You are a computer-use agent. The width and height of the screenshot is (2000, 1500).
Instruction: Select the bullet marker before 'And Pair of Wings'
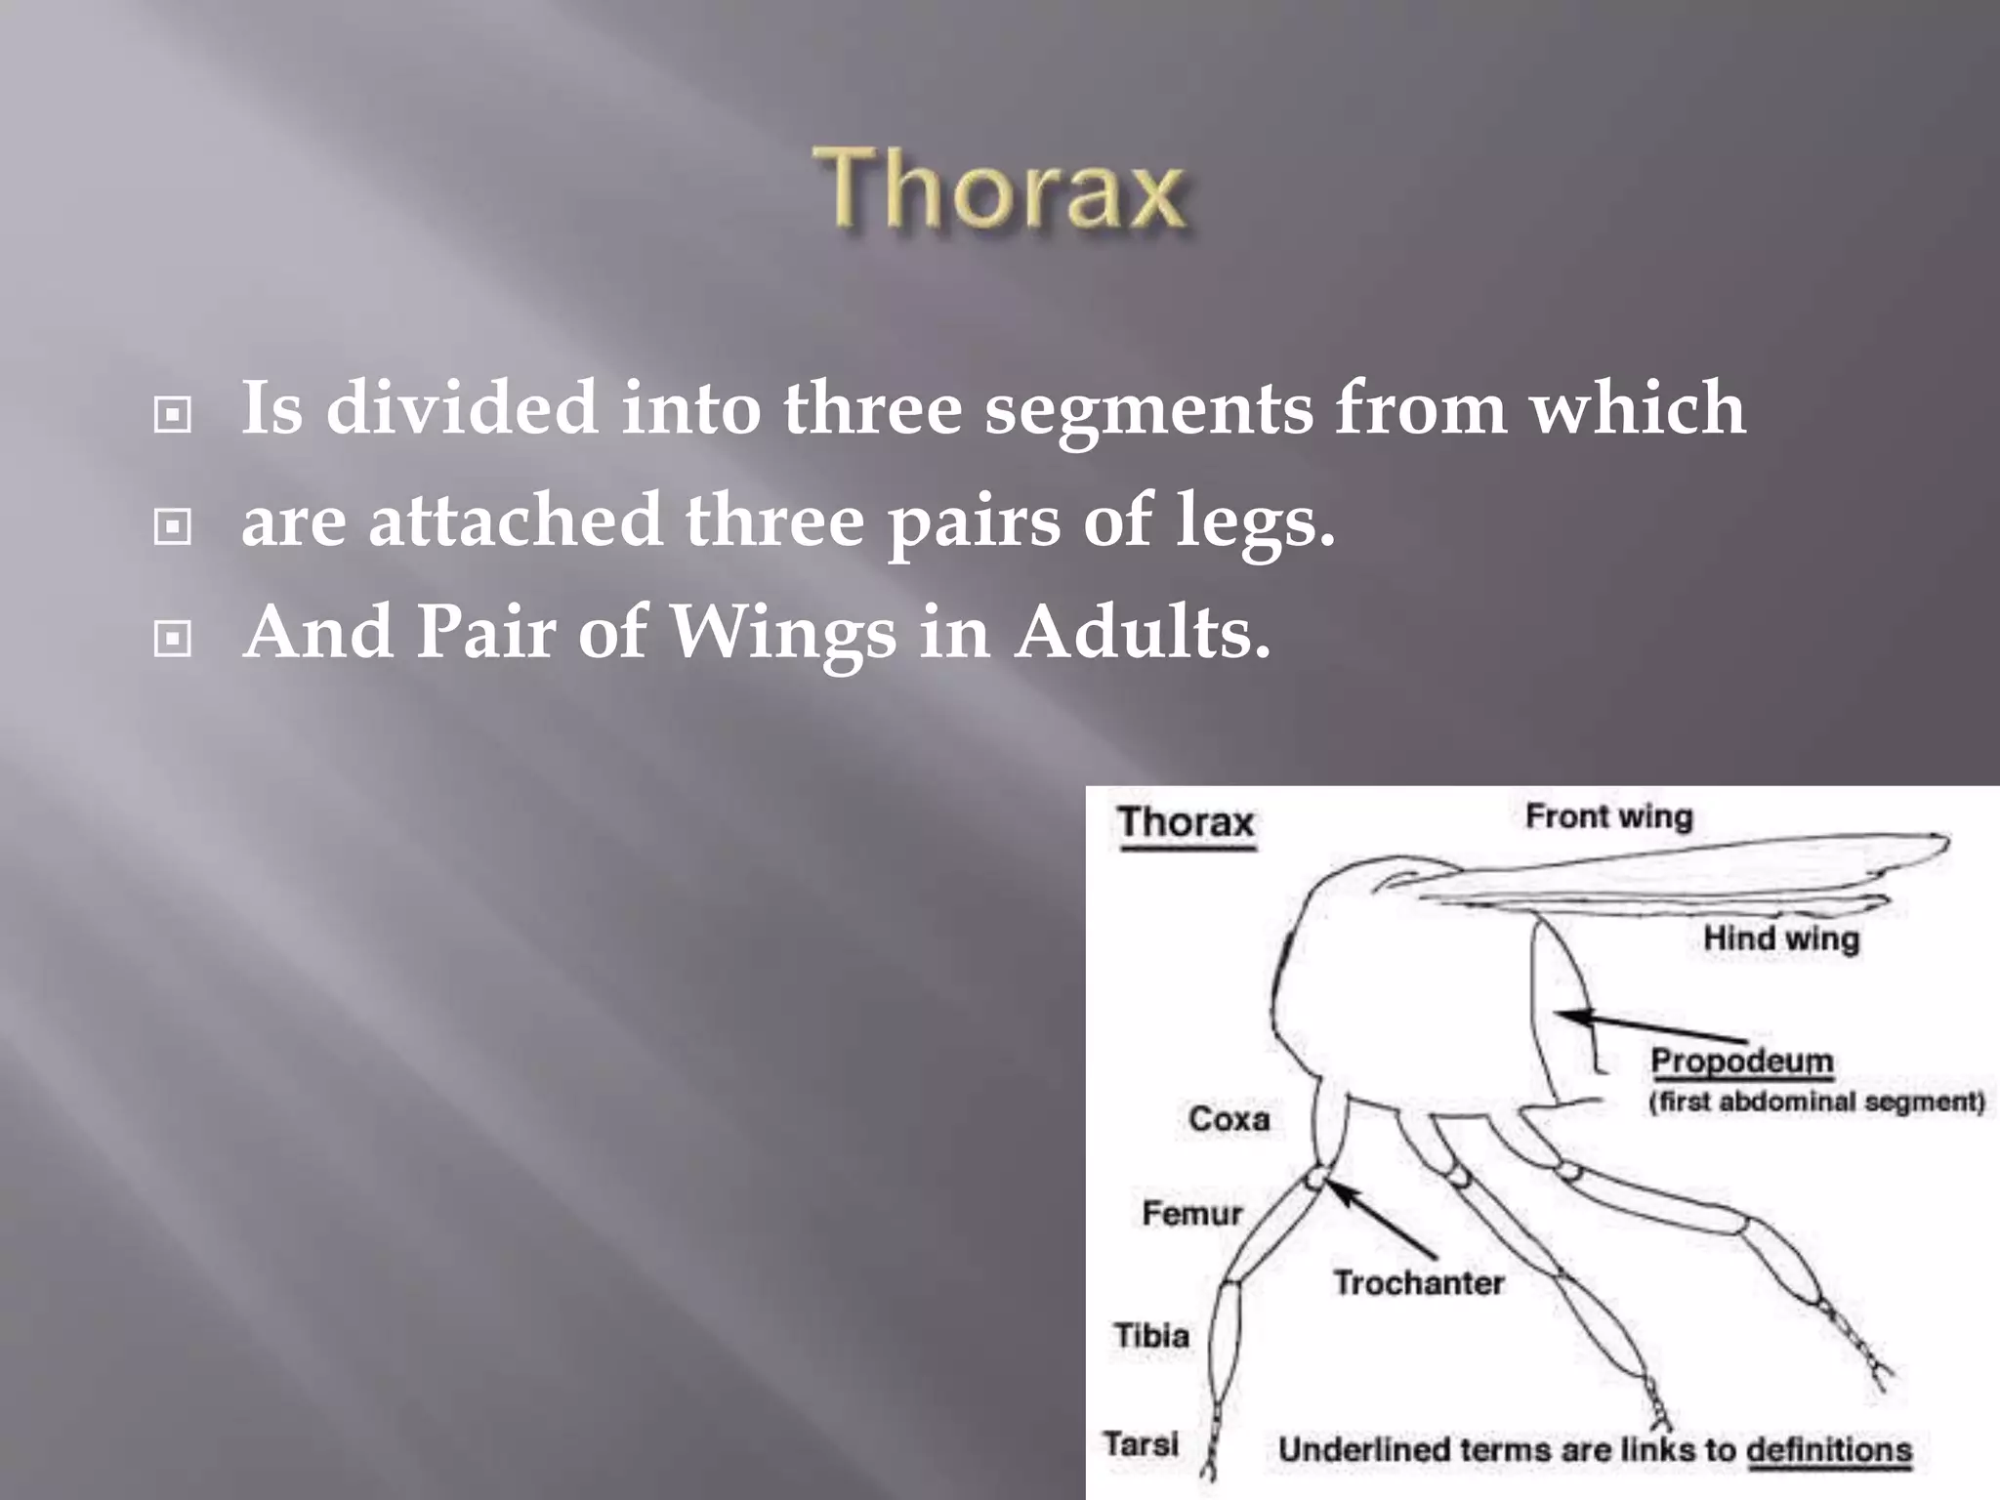coord(173,640)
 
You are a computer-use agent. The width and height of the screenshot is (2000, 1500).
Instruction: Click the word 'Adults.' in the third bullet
coord(1142,633)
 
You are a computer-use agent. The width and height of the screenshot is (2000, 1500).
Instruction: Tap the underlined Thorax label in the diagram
coord(1187,822)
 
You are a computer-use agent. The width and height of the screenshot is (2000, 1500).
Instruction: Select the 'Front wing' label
coord(1608,816)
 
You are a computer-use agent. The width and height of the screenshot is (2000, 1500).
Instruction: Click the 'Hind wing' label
coord(1780,938)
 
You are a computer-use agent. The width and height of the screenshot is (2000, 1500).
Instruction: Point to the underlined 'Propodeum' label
coord(1741,1061)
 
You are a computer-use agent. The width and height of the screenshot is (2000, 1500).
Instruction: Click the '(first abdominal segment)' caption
coord(1816,1103)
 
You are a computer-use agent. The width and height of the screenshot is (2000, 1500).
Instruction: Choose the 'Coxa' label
coord(1229,1119)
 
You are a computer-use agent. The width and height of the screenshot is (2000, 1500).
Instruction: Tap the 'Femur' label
coord(1191,1214)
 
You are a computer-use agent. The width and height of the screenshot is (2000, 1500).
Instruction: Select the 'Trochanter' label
coord(1418,1282)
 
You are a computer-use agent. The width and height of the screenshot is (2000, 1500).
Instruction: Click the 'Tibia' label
coord(1151,1335)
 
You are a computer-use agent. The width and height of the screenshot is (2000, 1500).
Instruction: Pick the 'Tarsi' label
coord(1141,1442)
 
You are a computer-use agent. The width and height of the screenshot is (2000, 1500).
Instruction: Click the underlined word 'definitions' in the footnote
coord(1828,1450)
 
